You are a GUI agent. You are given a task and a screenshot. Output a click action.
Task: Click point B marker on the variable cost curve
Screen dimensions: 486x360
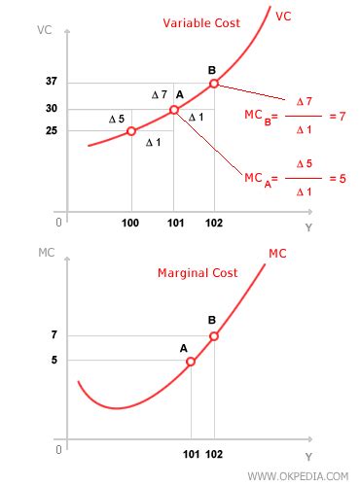(x=214, y=84)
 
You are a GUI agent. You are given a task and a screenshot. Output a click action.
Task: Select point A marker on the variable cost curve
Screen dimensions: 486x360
(x=173, y=110)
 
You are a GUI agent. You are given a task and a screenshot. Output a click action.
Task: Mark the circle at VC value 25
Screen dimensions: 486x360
(x=131, y=130)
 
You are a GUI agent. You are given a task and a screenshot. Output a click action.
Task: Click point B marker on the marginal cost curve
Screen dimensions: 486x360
(x=214, y=336)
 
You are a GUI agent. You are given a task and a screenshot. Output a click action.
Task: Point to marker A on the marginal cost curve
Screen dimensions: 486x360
(x=191, y=361)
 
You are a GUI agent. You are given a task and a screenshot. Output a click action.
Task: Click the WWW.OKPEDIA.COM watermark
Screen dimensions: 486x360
(x=298, y=475)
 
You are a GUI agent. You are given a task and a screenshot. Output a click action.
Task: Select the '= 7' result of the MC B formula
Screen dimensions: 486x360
(x=338, y=117)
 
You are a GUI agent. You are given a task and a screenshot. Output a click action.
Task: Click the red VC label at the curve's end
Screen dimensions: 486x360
(x=284, y=17)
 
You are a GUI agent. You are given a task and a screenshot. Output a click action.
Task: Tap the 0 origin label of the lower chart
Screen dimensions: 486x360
(x=59, y=450)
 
